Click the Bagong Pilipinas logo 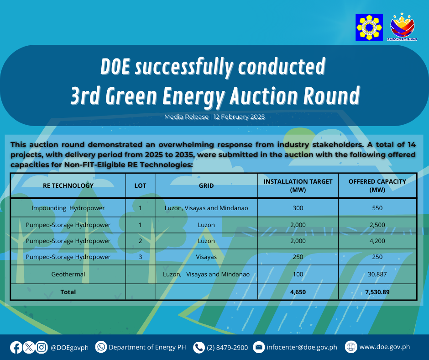tap(402, 27)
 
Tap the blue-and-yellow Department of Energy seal tap(369, 27)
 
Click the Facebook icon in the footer tap(16, 347)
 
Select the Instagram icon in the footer tap(42, 347)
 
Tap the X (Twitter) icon tap(29, 347)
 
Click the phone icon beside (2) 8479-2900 tap(199, 347)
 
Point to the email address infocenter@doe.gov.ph tap(302, 347)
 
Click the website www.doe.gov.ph tap(384, 347)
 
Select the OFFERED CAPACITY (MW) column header tap(377, 185)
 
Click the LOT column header tap(140, 185)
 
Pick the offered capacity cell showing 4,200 tap(377, 241)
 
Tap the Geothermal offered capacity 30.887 tap(377, 274)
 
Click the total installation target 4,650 tap(298, 292)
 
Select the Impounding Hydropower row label tap(68, 208)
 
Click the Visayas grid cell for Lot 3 tap(206, 257)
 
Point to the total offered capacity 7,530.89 tap(377, 292)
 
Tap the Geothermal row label tap(68, 274)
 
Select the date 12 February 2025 tap(239, 116)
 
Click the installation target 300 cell tap(298, 208)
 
